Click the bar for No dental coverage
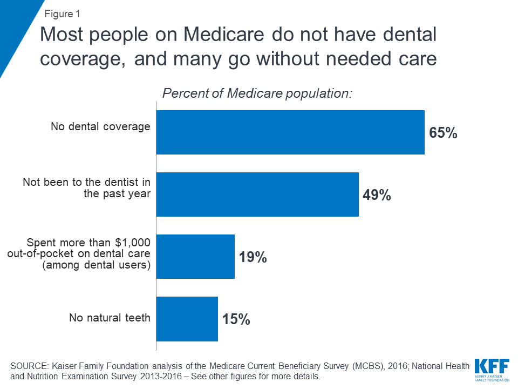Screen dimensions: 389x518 point(290,132)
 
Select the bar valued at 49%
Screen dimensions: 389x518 point(257,194)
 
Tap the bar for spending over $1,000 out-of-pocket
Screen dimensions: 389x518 point(195,257)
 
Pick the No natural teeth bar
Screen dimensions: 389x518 point(187,319)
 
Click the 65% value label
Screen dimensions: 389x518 point(443,133)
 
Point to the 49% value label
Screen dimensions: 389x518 point(377,195)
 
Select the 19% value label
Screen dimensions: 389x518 point(253,257)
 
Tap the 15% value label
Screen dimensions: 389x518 point(236,319)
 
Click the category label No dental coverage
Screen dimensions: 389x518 point(100,126)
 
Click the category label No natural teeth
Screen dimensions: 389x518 point(110,318)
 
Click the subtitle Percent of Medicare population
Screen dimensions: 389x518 point(257,93)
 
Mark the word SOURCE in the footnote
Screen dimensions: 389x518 point(31,366)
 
